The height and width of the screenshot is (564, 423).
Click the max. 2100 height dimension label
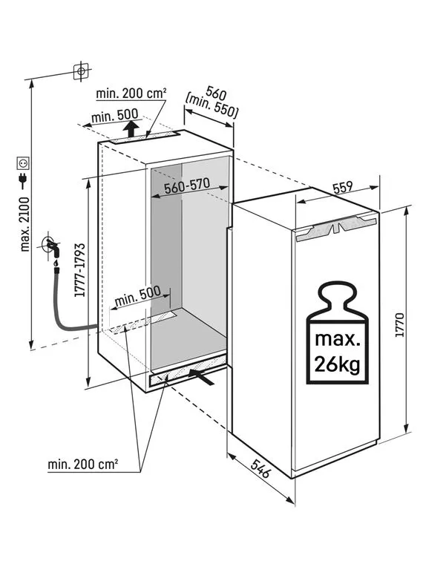(25, 223)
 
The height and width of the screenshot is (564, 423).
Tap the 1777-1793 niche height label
(80, 270)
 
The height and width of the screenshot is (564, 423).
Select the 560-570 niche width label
(187, 186)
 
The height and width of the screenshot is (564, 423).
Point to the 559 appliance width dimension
(342, 187)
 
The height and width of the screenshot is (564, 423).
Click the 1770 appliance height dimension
(399, 325)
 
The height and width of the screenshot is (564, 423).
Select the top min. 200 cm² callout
(131, 94)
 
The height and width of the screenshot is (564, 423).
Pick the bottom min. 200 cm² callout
(83, 465)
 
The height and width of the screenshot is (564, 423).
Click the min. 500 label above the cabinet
(115, 116)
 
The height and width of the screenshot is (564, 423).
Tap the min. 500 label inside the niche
(137, 296)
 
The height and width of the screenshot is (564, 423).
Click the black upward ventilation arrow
(132, 129)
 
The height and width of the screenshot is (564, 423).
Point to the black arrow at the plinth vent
(201, 375)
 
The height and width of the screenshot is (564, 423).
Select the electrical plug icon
(24, 180)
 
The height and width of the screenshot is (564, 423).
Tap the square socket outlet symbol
(24, 163)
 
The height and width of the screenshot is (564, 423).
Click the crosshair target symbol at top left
(82, 70)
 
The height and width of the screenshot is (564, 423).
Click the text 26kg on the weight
(337, 364)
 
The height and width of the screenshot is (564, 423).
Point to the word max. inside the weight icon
(338, 339)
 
